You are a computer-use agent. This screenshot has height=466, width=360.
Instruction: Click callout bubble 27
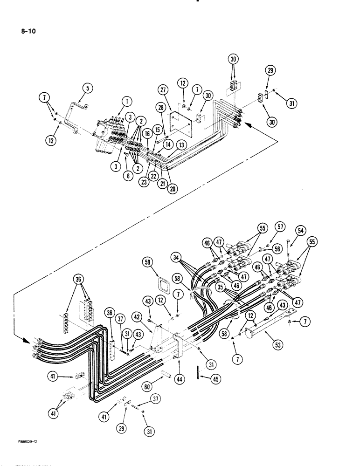(163, 90)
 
